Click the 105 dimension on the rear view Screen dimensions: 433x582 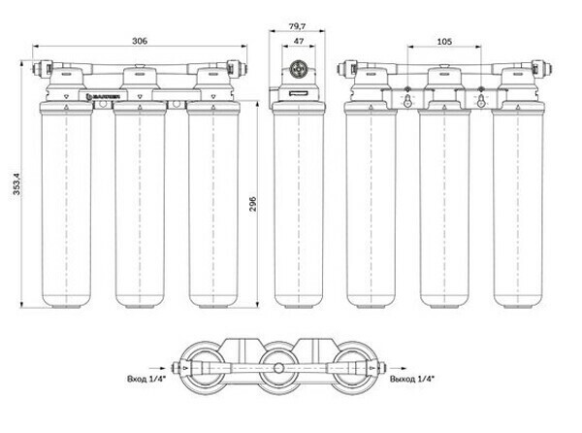[444, 42]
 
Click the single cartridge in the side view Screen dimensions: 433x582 [298, 204]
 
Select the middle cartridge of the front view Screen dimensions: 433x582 [139, 204]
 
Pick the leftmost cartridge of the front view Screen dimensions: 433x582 [65, 204]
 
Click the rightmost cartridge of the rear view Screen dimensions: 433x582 [518, 204]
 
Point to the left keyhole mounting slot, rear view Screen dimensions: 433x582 [407, 100]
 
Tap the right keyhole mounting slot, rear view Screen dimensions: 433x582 [481, 100]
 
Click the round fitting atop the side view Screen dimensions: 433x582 [298, 70]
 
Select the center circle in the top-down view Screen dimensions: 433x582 [279, 369]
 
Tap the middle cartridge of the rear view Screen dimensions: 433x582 [444, 204]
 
